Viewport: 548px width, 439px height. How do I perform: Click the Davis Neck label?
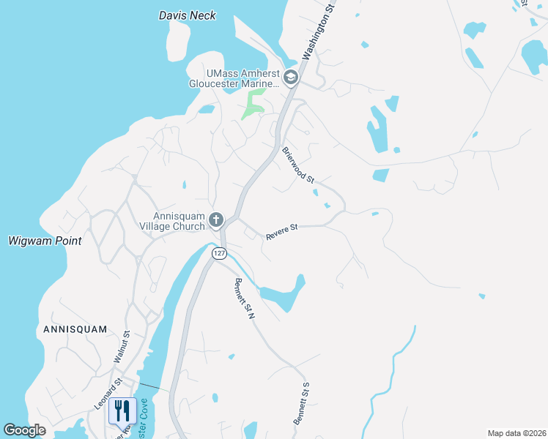pos(188,15)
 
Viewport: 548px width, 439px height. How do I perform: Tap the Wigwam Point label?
pos(45,241)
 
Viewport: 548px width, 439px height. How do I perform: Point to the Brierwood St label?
pos(298,165)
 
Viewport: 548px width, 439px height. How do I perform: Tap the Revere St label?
pos(281,231)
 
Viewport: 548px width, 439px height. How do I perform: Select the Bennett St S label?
pos(302,403)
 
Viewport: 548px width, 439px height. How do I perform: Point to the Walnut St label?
pos(122,347)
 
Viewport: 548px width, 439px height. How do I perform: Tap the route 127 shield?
pos(219,253)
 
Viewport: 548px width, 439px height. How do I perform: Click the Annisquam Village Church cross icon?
pos(215,219)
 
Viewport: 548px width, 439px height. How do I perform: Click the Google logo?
pos(24,429)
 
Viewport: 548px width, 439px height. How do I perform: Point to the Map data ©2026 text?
pos(516,433)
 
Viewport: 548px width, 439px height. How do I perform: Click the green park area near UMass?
pos(253,103)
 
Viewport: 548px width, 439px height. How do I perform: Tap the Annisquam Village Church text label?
pos(179,221)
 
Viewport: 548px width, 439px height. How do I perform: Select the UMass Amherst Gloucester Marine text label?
pos(243,78)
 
